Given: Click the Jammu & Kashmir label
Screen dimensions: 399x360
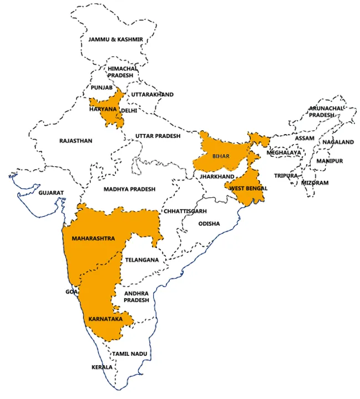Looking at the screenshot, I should [116, 39].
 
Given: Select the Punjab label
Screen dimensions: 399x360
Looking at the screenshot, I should [102, 88].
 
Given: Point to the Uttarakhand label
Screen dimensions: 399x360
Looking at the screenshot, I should [152, 94].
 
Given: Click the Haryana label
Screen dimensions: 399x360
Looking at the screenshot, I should [103, 109].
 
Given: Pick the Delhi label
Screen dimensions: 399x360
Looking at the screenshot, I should [129, 110].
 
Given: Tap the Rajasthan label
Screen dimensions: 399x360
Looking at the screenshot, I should [75, 141].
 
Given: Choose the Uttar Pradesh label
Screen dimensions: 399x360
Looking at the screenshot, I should [158, 136].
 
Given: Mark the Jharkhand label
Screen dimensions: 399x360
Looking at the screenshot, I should [217, 176].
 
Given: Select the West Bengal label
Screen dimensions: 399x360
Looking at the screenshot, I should [249, 188].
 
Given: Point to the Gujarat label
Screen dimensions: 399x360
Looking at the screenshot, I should [51, 193].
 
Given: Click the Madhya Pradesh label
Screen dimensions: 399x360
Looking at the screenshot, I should [129, 189].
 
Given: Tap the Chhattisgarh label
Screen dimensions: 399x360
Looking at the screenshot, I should [185, 211].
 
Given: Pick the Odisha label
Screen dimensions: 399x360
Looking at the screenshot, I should [209, 224].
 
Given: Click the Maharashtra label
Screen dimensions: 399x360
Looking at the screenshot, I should [93, 238].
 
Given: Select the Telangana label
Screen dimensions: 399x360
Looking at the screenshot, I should [142, 259].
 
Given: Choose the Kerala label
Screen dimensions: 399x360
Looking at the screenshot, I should [102, 367].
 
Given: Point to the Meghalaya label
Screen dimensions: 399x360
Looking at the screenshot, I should [283, 152].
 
